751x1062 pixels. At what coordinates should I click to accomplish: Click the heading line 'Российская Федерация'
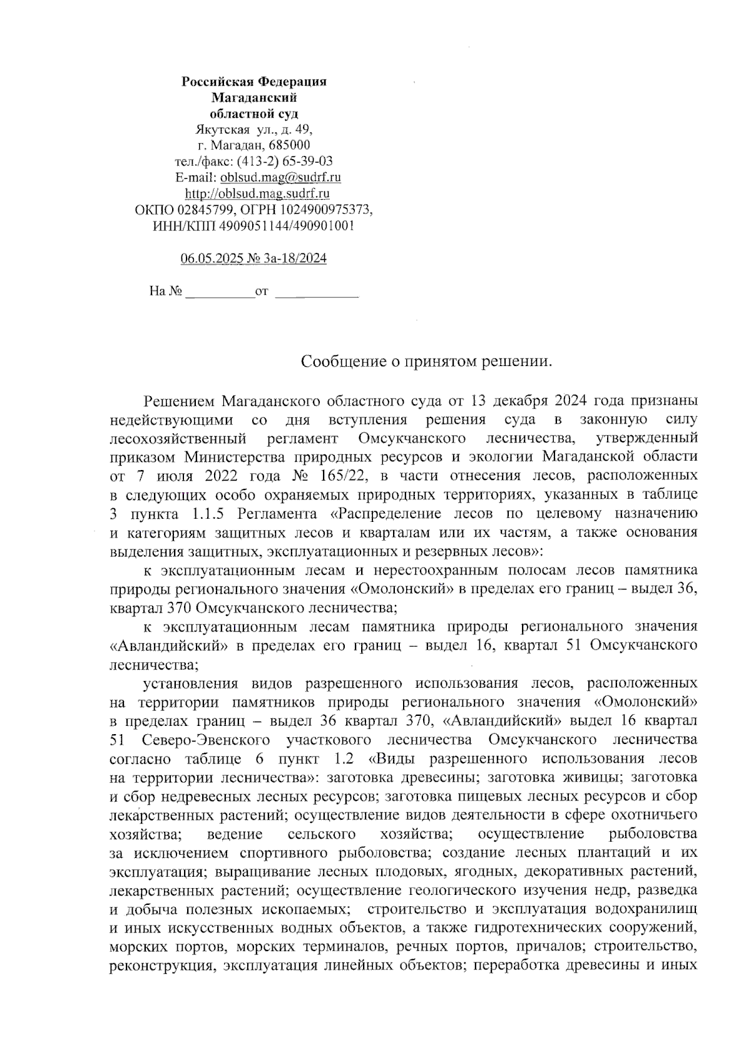(x=253, y=82)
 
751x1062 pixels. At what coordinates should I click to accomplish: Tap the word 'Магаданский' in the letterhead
(x=253, y=98)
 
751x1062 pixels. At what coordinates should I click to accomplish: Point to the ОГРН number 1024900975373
(x=324, y=210)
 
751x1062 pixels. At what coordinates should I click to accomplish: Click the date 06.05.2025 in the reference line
(x=210, y=258)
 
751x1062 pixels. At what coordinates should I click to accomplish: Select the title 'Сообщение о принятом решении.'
(x=427, y=362)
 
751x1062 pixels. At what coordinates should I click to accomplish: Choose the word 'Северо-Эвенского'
(x=207, y=740)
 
